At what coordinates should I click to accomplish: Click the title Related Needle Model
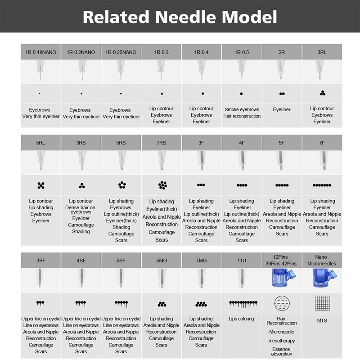[x=180, y=17]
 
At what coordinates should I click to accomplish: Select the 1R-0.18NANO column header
[x=40, y=52]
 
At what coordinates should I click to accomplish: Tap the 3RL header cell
[x=322, y=52]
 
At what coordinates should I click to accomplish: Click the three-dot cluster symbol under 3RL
[x=322, y=94]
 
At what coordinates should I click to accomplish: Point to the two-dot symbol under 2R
[x=282, y=94]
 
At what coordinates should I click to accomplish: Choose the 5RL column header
[x=40, y=143]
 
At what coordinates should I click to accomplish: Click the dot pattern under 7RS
[x=162, y=185]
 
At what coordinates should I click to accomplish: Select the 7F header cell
[x=322, y=143]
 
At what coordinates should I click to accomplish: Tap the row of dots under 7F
[x=322, y=185]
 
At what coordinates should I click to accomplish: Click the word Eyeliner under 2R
[x=282, y=109]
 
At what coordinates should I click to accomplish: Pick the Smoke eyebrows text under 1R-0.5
[x=242, y=109]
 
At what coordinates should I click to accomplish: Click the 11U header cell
[x=242, y=260]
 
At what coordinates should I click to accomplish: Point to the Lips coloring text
[x=242, y=319]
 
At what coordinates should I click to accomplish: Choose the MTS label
[x=322, y=321]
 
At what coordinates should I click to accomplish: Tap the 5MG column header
[x=162, y=260]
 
